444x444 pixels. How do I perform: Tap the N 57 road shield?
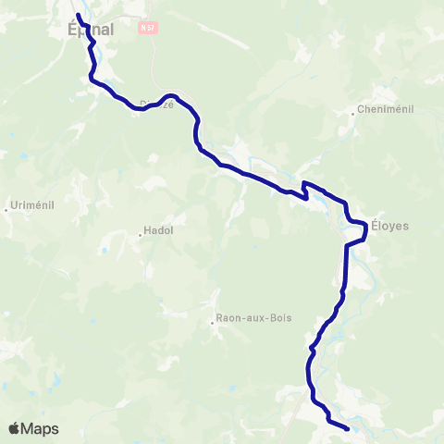click(x=145, y=29)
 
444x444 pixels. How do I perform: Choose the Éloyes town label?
click(x=389, y=225)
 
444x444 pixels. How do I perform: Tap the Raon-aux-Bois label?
click(x=253, y=318)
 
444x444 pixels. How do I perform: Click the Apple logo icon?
click(x=15, y=428)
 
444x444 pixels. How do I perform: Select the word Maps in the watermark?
click(x=42, y=429)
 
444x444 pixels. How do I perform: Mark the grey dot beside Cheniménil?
click(x=353, y=115)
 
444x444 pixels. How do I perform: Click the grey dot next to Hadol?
click(x=140, y=235)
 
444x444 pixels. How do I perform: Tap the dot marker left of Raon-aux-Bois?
click(x=212, y=323)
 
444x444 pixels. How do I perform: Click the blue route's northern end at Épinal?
click(x=78, y=16)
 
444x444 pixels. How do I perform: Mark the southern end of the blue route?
click(x=347, y=428)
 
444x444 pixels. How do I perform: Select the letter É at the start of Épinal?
click(x=73, y=30)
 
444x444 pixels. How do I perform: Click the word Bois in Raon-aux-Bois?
click(x=278, y=318)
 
